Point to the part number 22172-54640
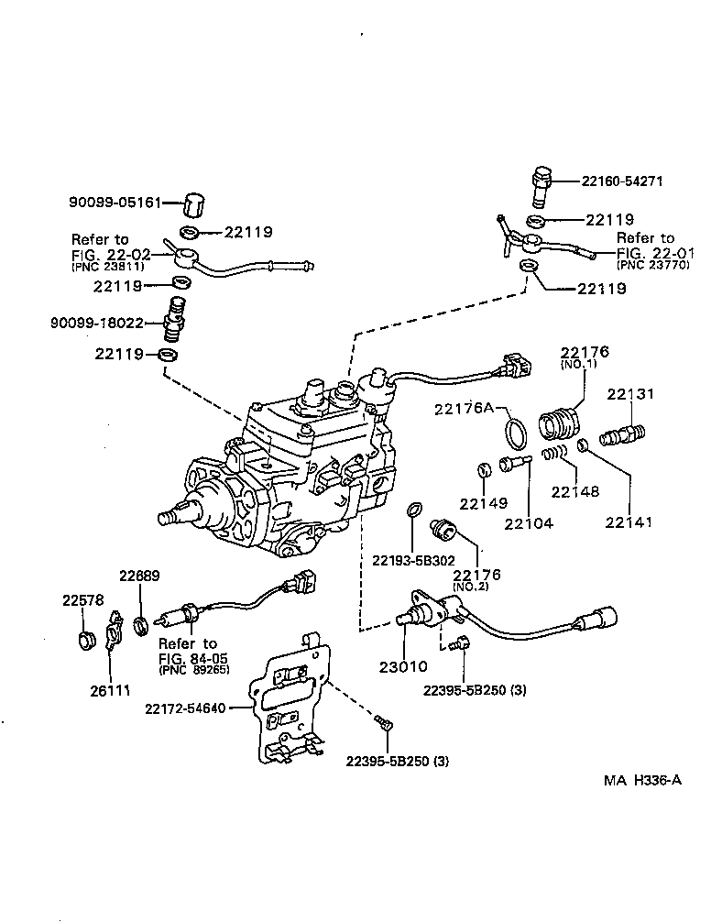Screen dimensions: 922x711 [186, 707]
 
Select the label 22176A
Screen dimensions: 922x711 [465, 408]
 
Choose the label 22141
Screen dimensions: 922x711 [629, 523]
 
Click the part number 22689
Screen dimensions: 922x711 [139, 576]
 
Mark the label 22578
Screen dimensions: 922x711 [82, 600]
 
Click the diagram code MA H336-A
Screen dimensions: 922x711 [643, 782]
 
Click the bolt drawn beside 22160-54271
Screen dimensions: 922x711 [541, 187]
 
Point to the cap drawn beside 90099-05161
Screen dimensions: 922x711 [192, 203]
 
